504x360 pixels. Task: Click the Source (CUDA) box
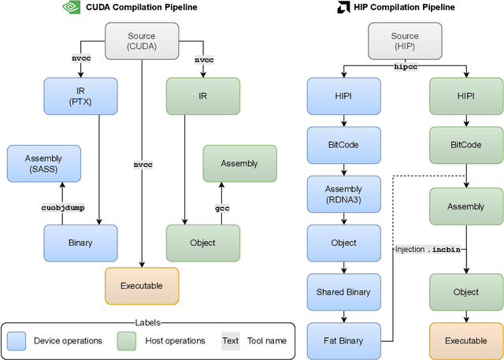tap(142, 41)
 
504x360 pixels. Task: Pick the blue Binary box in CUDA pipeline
tap(80, 243)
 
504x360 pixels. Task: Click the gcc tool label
tap(222, 207)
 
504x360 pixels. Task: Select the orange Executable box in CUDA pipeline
tap(142, 285)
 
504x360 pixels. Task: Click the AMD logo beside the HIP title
tap(321, 8)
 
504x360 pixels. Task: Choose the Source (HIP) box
tap(405, 41)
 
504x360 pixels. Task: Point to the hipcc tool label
tap(405, 68)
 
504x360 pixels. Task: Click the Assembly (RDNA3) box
tap(343, 195)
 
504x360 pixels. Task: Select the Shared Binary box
tap(343, 291)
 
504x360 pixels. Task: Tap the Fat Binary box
tap(343, 340)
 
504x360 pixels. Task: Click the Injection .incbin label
tap(428, 249)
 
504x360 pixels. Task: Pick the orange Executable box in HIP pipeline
tap(465, 340)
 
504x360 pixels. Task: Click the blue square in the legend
tap(17, 340)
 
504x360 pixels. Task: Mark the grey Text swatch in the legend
tap(230, 340)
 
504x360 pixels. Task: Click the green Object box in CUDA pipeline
tap(203, 243)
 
